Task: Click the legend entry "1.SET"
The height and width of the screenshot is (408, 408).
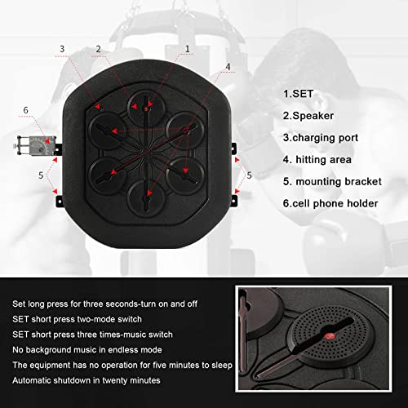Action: click(299, 93)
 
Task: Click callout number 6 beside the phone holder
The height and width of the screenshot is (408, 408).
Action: click(25, 110)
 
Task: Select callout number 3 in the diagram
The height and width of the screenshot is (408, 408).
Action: click(62, 48)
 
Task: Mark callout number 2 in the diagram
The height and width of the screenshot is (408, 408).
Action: click(98, 48)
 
